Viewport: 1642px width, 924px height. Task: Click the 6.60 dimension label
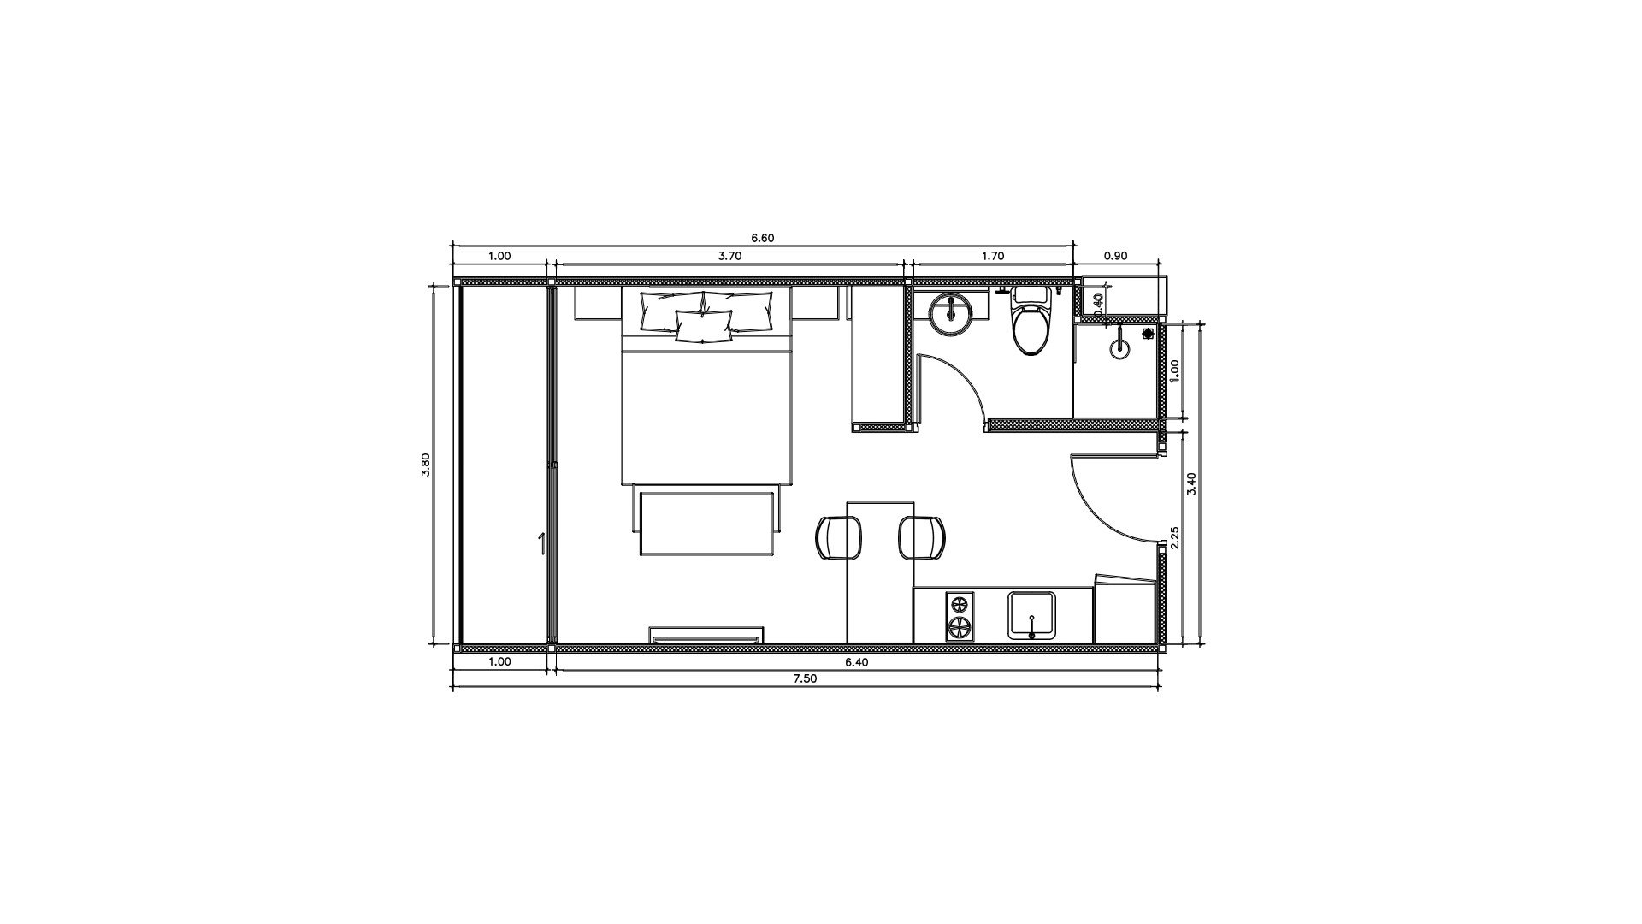click(762, 238)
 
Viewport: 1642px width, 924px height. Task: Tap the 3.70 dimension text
click(729, 255)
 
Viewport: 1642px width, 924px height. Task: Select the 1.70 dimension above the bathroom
click(993, 255)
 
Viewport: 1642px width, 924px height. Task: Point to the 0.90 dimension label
click(1116, 255)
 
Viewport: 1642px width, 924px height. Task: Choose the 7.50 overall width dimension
click(805, 678)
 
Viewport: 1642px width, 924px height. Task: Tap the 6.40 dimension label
click(857, 661)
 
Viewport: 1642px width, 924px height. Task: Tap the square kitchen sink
click(1033, 615)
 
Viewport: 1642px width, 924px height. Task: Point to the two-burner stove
click(960, 616)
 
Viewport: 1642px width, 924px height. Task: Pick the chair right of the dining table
click(922, 538)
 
